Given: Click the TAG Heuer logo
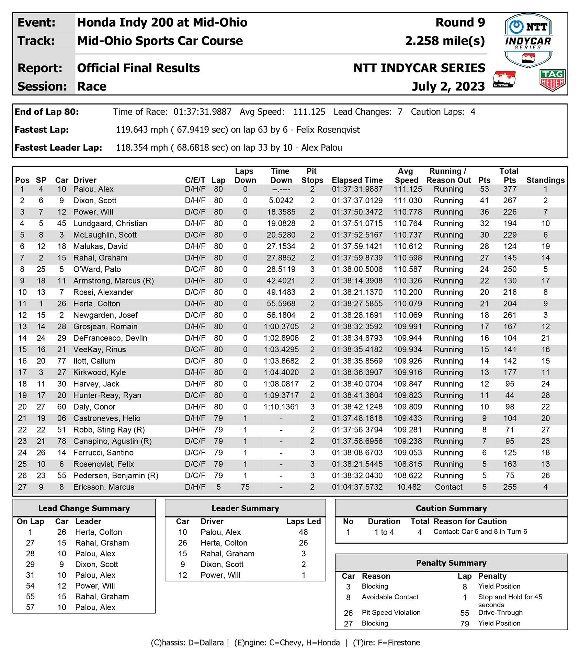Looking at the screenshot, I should point(552,80).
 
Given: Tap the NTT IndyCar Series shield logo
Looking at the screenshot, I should point(528,40).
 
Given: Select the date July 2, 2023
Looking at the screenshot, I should point(448,86).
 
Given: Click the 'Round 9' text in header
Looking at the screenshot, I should point(460,23).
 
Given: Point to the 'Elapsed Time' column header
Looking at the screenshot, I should point(357,180).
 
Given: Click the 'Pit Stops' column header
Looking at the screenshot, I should point(312,176).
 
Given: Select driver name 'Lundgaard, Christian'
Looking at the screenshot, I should point(110,223).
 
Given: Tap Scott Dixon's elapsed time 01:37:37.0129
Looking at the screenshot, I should point(357,200).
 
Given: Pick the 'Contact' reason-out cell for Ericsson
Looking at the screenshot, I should point(448,487).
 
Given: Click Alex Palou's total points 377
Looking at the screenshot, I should point(510,189).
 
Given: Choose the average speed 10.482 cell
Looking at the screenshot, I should point(408,487).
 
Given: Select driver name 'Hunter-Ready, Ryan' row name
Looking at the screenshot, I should point(107,395).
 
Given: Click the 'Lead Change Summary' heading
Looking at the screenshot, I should point(84,508).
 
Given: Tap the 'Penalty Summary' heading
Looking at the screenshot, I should point(451,563).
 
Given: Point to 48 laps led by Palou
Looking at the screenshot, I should point(303,532).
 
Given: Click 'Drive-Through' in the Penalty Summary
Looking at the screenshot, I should point(500,612).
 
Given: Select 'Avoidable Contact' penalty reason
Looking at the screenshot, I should point(390,597).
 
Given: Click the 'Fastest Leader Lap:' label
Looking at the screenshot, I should point(58,148).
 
